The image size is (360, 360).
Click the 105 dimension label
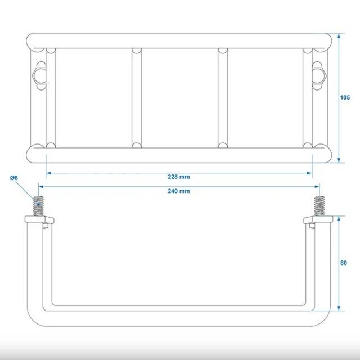coord(345,97)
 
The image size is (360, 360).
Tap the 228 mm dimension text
coord(179,177)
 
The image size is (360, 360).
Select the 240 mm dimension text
coord(179,191)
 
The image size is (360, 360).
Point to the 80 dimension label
coord(344,263)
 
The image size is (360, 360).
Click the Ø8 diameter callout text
coord(13,178)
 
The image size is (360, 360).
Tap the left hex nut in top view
coord(39,75)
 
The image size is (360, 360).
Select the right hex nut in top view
coord(319,75)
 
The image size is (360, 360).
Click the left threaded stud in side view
coord(38,206)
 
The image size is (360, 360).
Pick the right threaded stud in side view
coord(319,206)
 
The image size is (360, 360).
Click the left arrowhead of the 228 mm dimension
coord(48,173)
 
